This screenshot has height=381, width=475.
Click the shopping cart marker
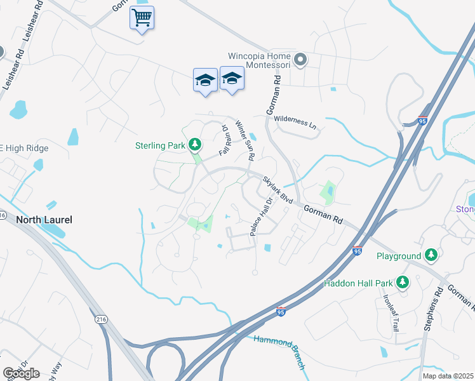142,18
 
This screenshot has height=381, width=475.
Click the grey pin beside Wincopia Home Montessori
301,60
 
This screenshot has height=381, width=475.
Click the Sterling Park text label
159,145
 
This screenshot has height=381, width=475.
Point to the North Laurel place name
44,220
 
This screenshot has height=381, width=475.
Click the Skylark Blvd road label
278,190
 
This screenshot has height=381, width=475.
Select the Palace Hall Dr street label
262,216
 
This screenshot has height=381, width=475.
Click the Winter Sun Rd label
245,140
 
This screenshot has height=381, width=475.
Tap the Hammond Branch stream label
280,352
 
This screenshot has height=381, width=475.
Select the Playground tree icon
432,255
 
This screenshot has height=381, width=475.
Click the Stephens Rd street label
438,309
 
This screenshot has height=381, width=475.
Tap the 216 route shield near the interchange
100,318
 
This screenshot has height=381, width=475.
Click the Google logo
21,373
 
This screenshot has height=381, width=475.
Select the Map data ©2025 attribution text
448,376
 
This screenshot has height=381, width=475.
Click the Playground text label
399,256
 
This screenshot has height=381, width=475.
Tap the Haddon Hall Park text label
358,283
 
